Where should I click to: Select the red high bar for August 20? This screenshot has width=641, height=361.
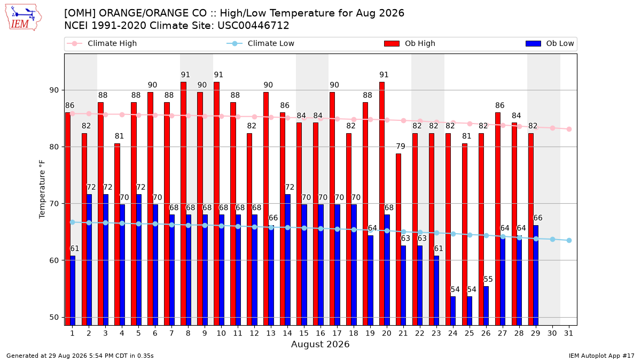click(382, 204)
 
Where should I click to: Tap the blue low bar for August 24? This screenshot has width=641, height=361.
click(453, 311)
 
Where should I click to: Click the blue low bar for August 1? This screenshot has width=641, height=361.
click(73, 290)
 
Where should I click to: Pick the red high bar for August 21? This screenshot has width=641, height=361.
click(398, 240)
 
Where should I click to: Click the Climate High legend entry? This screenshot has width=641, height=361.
click(101, 43)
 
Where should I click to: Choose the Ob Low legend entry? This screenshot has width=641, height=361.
click(550, 43)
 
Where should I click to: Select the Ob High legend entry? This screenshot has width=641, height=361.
click(410, 43)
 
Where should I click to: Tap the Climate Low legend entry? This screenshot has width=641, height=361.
click(260, 43)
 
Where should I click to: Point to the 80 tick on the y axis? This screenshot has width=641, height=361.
click(54, 147)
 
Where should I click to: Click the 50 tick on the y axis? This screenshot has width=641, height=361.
click(54, 318)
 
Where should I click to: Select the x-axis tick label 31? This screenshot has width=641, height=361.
click(568, 334)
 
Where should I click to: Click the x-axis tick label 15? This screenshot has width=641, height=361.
click(304, 334)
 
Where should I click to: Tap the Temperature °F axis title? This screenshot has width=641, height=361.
click(42, 189)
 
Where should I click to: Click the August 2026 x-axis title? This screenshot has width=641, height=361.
click(320, 344)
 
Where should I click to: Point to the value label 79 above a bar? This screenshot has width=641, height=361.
click(401, 147)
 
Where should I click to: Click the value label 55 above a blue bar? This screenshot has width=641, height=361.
click(488, 279)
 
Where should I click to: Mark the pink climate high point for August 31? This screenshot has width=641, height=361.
click(569, 129)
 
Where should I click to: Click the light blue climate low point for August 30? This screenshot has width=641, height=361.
click(552, 239)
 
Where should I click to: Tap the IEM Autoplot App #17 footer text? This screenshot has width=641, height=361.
click(601, 356)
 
